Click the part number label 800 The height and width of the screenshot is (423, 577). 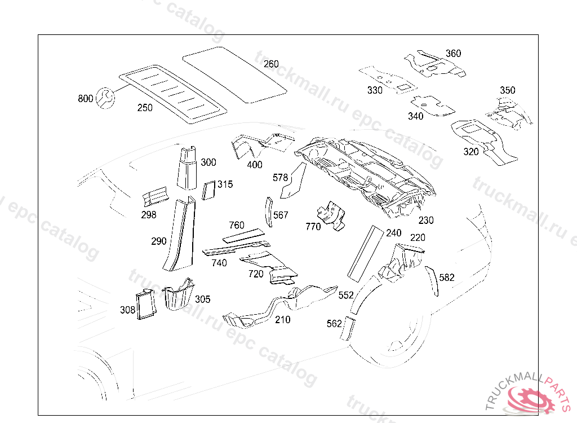86,98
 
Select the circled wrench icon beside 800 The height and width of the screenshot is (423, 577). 105,98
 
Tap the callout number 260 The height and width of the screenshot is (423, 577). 271,64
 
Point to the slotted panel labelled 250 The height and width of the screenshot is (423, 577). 173,94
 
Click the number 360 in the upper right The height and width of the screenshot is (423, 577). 454,54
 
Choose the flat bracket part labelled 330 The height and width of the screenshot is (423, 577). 388,79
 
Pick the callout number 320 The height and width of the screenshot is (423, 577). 471,152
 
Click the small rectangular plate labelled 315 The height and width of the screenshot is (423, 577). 208,190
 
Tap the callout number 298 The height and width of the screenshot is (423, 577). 149,215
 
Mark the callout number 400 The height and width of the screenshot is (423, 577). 255,165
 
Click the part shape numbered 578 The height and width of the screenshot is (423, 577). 294,180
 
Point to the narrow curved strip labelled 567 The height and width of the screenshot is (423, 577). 269,212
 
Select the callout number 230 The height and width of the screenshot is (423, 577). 426,221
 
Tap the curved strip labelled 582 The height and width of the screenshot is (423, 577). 432,281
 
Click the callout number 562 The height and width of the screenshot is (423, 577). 334,324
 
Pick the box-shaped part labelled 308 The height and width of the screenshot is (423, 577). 147,305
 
